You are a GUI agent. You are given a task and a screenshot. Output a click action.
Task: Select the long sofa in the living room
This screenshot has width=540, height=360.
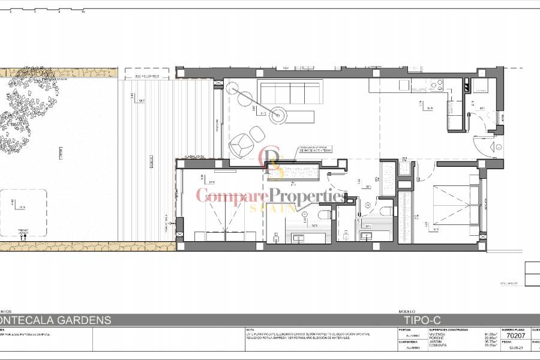pyautogui.click(x=289, y=94)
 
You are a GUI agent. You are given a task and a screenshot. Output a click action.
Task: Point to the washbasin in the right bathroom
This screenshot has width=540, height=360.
pyautogui.click(x=367, y=236)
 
